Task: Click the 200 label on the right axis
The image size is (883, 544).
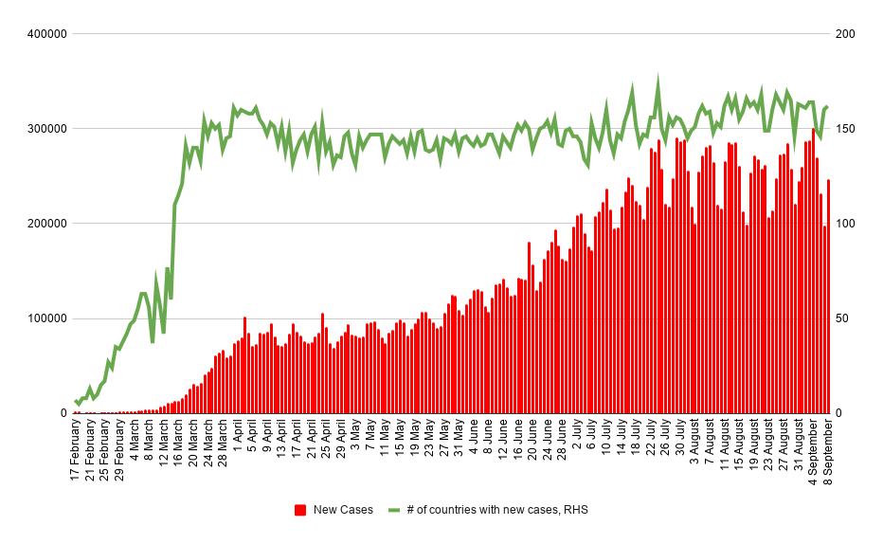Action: click(844, 34)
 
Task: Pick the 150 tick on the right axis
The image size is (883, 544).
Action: click(844, 129)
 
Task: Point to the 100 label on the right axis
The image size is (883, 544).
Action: click(844, 224)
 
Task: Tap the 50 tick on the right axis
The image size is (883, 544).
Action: click(841, 318)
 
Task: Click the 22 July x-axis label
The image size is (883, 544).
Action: click(650, 443)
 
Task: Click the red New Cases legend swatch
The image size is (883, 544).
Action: click(300, 510)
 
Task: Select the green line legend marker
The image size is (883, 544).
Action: click(395, 510)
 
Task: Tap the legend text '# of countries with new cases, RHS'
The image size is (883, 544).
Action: click(497, 510)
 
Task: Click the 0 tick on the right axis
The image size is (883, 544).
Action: click(838, 413)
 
